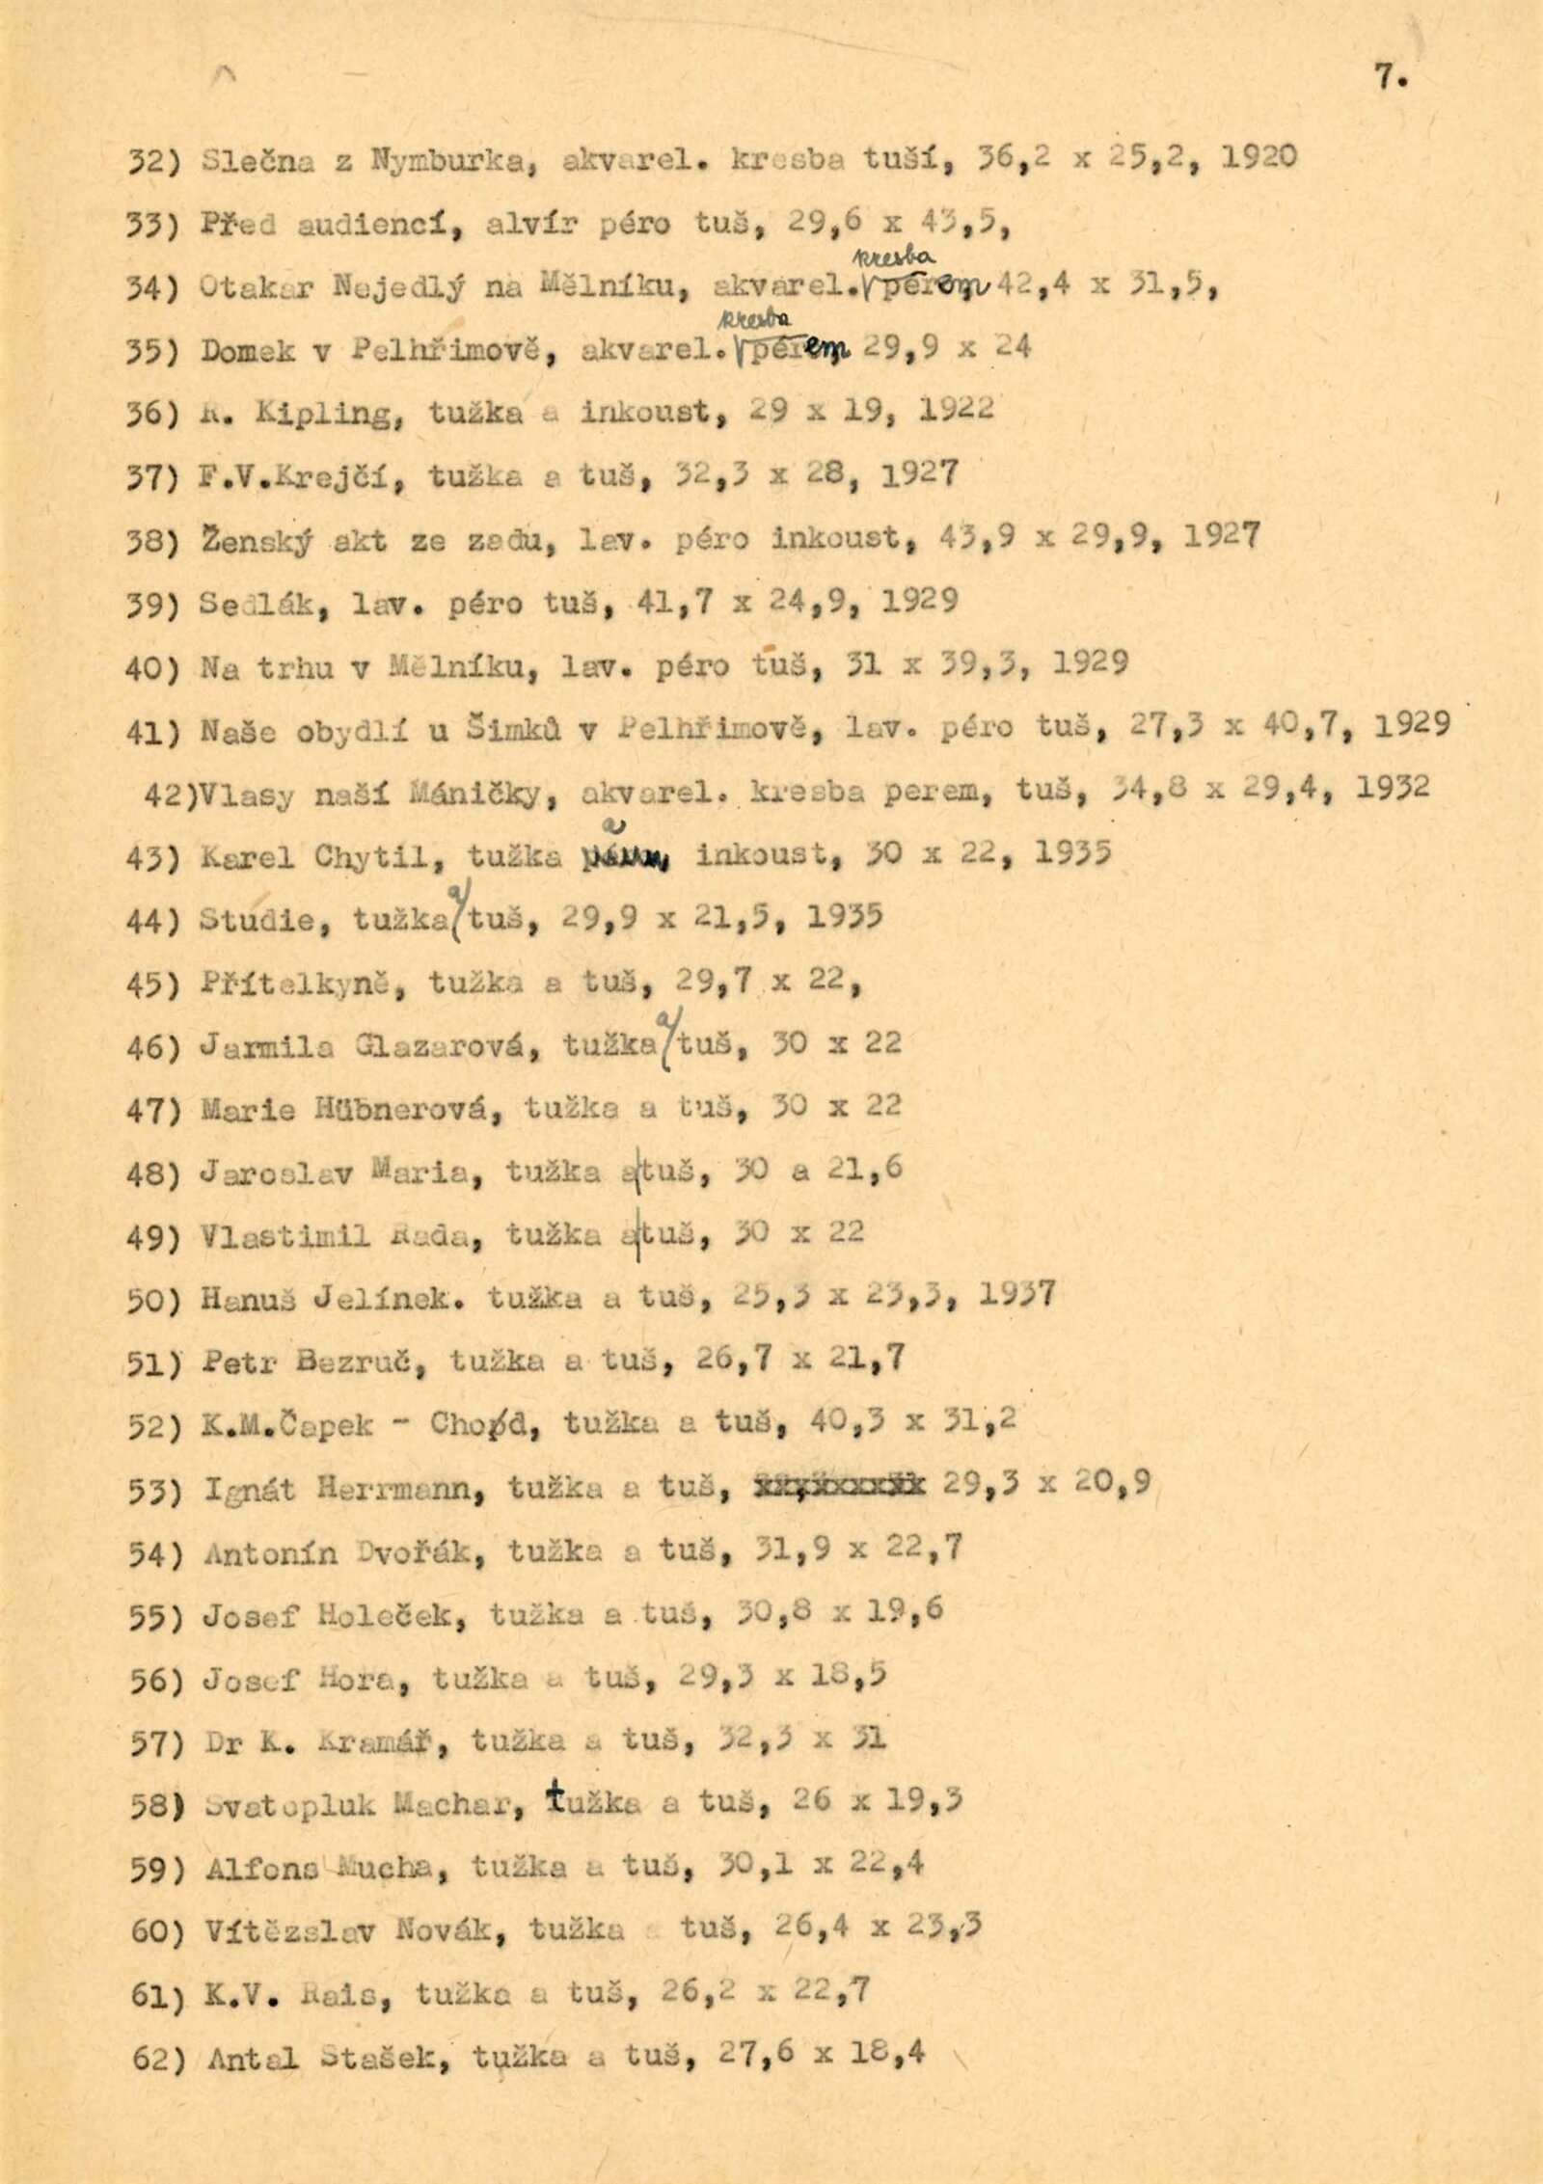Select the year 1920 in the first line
click(1258, 157)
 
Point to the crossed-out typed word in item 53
click(835, 1486)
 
